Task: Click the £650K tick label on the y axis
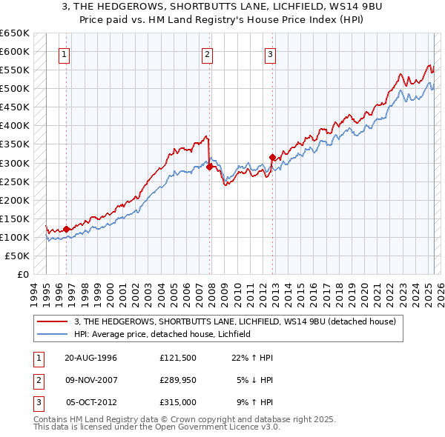(15, 33)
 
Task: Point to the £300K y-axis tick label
(15, 163)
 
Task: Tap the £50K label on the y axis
(18, 256)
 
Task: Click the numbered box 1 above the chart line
(65, 53)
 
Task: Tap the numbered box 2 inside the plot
(208, 53)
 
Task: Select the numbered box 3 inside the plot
(271, 53)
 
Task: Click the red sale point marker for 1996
(67, 229)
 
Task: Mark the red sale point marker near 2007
(210, 167)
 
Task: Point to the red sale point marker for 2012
(272, 157)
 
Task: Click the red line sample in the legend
(53, 321)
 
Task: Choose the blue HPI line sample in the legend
(53, 334)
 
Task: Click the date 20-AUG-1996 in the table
(91, 358)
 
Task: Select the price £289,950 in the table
(177, 380)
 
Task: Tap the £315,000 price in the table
(177, 402)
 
